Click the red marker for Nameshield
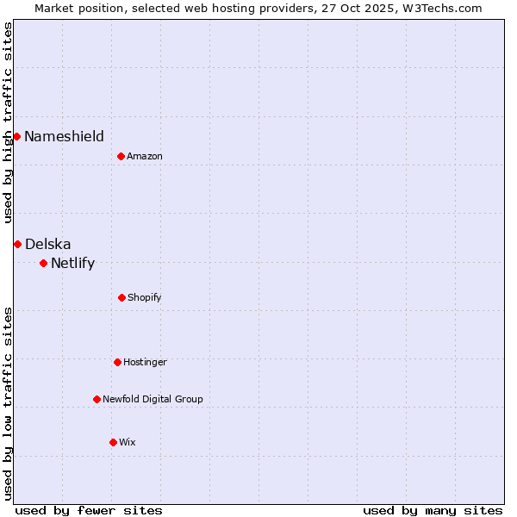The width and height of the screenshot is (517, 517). [16, 136]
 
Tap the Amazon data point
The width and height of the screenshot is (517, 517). [121, 156]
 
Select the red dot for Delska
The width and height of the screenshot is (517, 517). [17, 244]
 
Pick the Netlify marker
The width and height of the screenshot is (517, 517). [43, 263]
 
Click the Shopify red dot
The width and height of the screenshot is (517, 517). [121, 297]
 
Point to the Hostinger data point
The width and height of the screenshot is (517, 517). [117, 362]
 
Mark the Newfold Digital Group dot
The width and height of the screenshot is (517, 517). [97, 399]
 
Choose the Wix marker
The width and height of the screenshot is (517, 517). [113, 442]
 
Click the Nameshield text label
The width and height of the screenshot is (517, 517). [64, 136]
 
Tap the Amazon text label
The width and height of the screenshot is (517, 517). [145, 156]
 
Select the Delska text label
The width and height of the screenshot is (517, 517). [48, 244]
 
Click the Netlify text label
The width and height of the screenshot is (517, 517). [72, 263]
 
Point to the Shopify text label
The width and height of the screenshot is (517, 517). [144, 297]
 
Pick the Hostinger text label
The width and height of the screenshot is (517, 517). [145, 362]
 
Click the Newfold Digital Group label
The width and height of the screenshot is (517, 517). [153, 399]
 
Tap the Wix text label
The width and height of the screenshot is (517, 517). [128, 442]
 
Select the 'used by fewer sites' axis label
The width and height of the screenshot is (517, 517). [89, 510]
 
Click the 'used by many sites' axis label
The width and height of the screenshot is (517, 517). [433, 510]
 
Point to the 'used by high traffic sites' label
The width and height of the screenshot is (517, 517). [8, 122]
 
